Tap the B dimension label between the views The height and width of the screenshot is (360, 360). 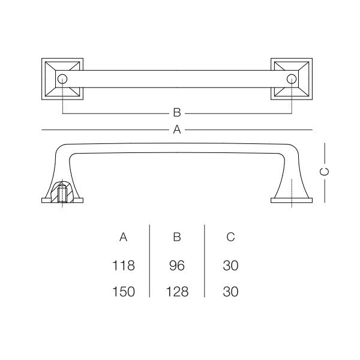pyautogui.click(x=177, y=113)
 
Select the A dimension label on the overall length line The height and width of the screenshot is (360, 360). pyautogui.click(x=177, y=130)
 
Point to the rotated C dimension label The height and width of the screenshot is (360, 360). pyautogui.click(x=325, y=172)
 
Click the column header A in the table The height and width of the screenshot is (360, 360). pyautogui.click(x=123, y=237)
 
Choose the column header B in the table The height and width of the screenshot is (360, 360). pyautogui.click(x=177, y=237)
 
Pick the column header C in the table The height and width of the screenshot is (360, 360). pyautogui.click(x=230, y=237)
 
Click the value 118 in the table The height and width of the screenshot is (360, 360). pyautogui.click(x=123, y=266)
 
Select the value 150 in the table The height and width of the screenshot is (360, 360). pyautogui.click(x=123, y=292)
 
